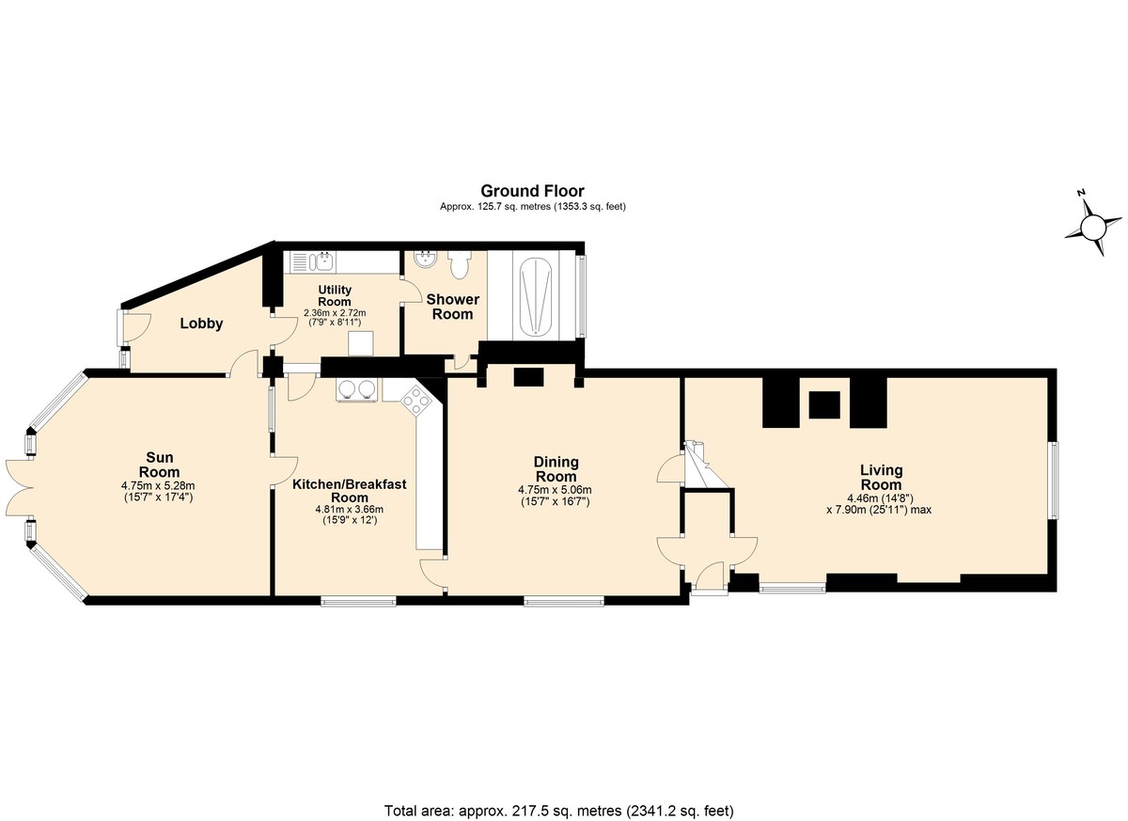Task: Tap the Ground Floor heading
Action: tap(532, 191)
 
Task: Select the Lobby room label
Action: tap(201, 324)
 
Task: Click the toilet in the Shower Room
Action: tap(459, 265)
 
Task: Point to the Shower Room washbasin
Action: tap(426, 261)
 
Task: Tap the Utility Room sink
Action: tap(312, 262)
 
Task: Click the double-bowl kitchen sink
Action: tap(357, 389)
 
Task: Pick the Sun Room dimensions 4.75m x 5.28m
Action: tap(158, 486)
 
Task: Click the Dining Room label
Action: tap(556, 469)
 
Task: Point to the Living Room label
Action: tap(881, 478)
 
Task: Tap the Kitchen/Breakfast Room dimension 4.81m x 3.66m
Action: tap(350, 509)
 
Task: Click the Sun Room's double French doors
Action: tap(20, 487)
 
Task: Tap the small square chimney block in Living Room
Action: tap(824, 405)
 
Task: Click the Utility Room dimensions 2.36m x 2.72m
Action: tap(335, 313)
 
